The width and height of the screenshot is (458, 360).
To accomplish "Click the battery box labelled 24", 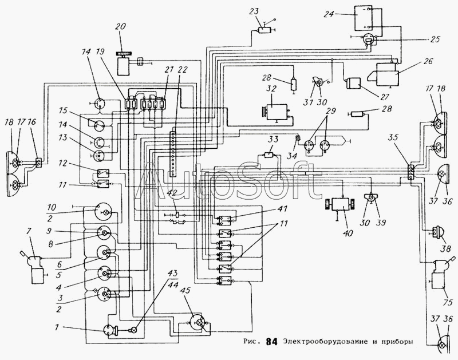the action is click(364, 18).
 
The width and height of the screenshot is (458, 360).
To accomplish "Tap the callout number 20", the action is click(120, 26).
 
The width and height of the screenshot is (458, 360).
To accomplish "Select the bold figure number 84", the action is click(271, 342).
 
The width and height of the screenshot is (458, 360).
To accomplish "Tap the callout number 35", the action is click(394, 137).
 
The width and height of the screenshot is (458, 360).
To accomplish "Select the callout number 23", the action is click(254, 11).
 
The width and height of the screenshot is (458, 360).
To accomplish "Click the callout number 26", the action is click(427, 61).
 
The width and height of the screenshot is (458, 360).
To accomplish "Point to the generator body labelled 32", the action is click(277, 112).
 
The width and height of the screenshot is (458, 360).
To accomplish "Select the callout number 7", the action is click(28, 232).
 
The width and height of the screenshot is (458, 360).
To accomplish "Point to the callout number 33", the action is click(273, 139).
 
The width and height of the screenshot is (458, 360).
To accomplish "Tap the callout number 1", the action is click(57, 327).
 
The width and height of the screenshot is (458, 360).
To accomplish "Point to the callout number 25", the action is click(435, 39).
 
